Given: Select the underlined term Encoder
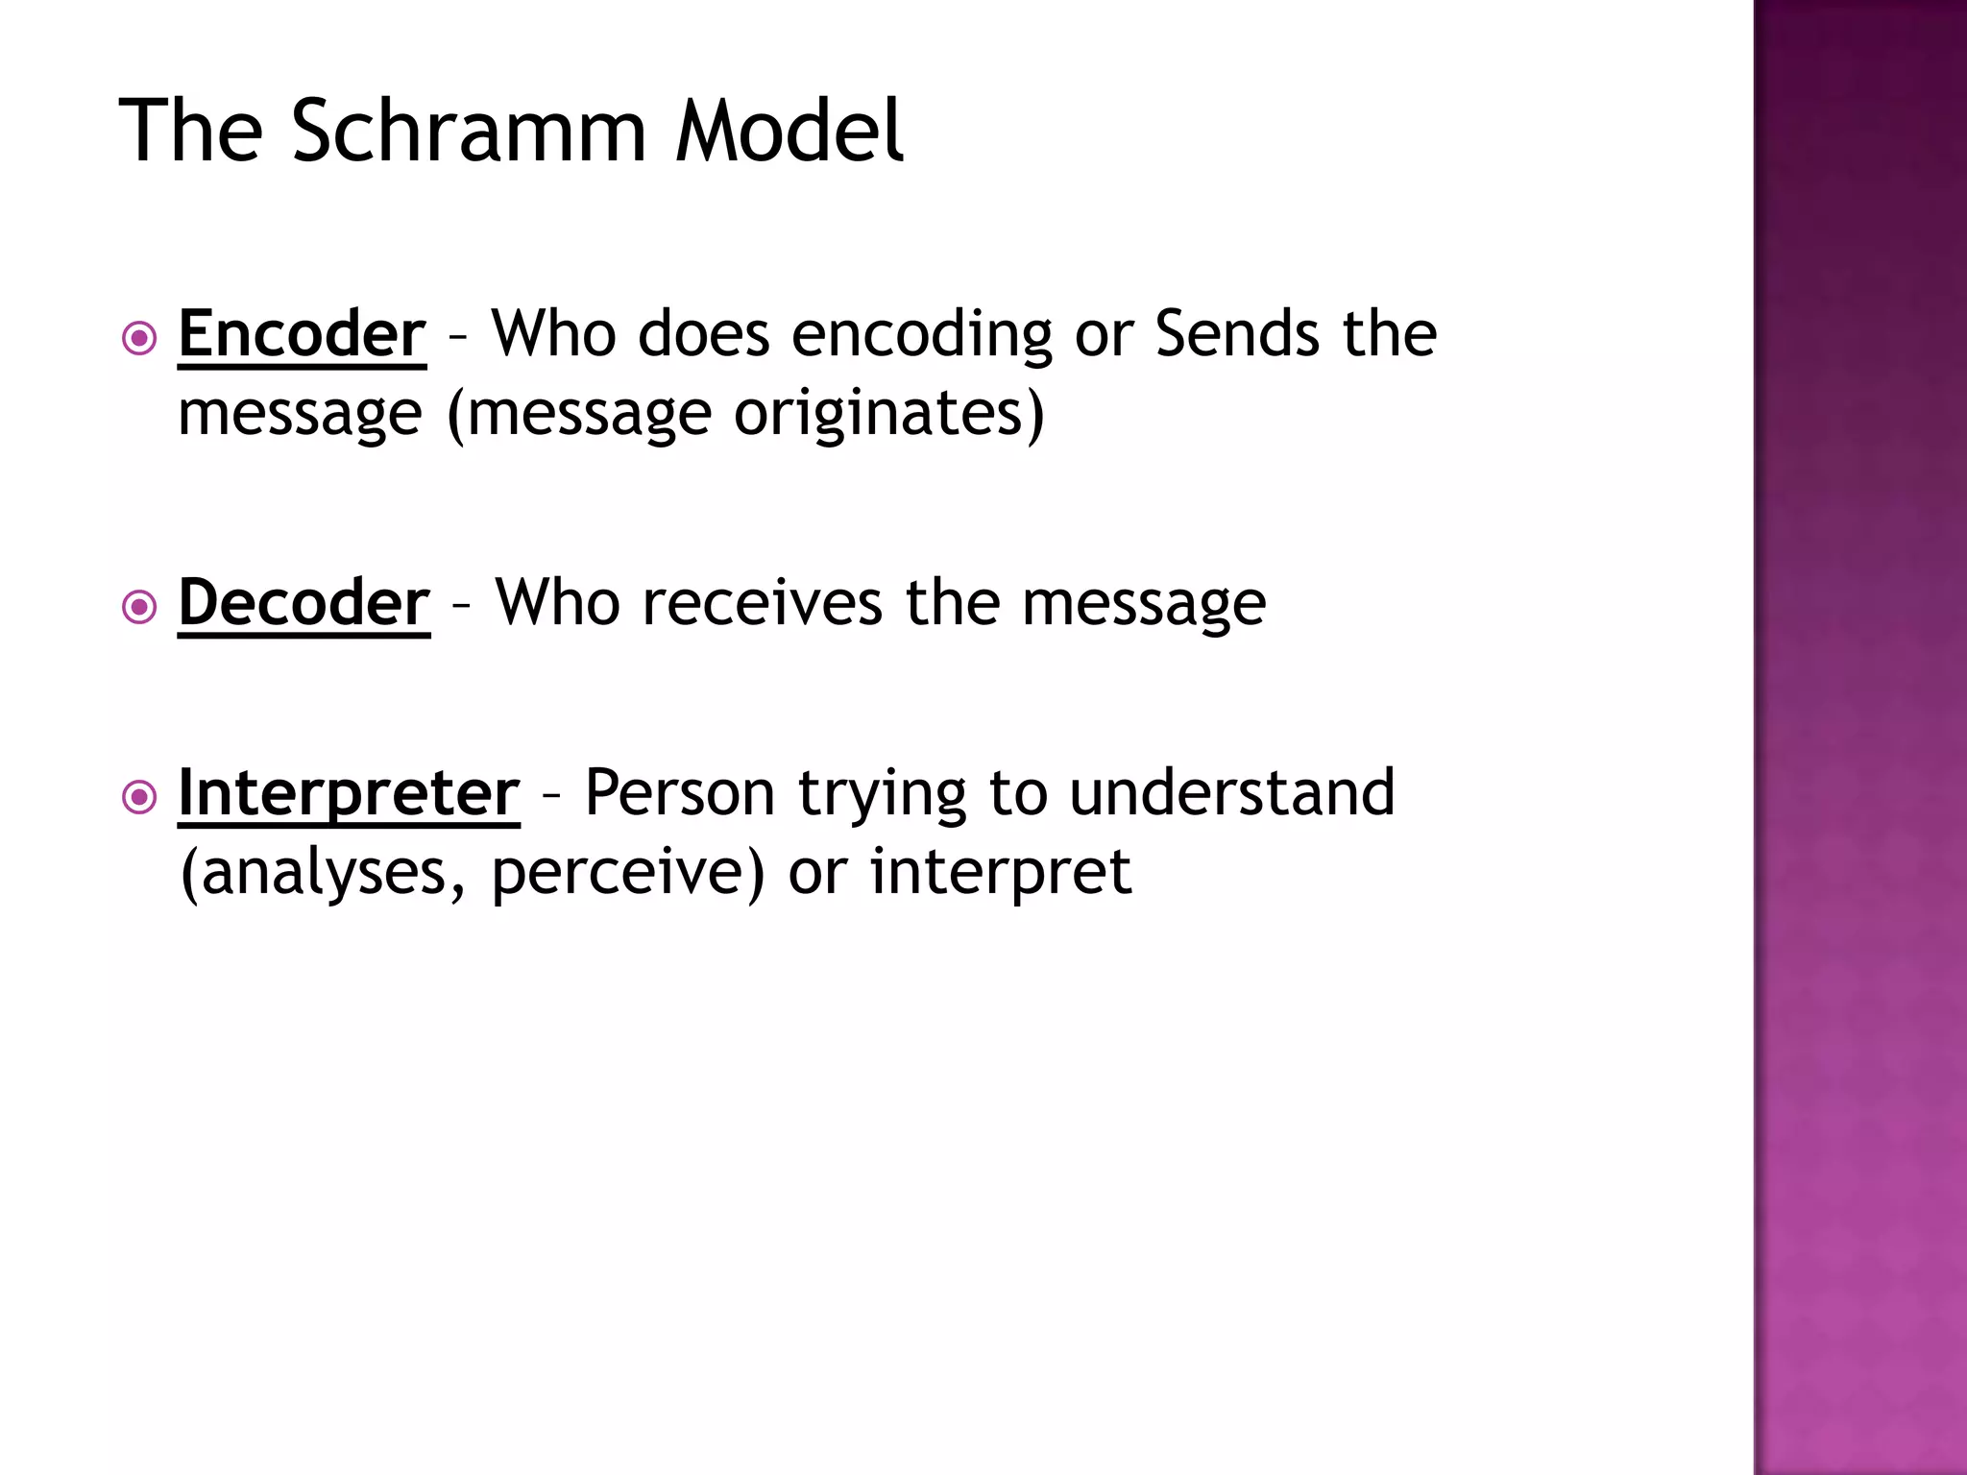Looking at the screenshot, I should [302, 334].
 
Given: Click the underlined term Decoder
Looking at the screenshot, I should [304, 603].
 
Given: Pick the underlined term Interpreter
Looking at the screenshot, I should [349, 793].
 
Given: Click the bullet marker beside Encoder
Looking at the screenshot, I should [140, 338].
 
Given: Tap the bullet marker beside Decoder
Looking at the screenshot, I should [140, 607].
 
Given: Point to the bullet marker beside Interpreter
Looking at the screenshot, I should [140, 797].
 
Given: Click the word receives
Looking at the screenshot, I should [762, 603].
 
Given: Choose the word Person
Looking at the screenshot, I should [679, 793].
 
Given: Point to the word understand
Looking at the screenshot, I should [1231, 793].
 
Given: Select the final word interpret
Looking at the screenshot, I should [1000, 872].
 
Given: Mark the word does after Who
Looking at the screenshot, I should [703, 334].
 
